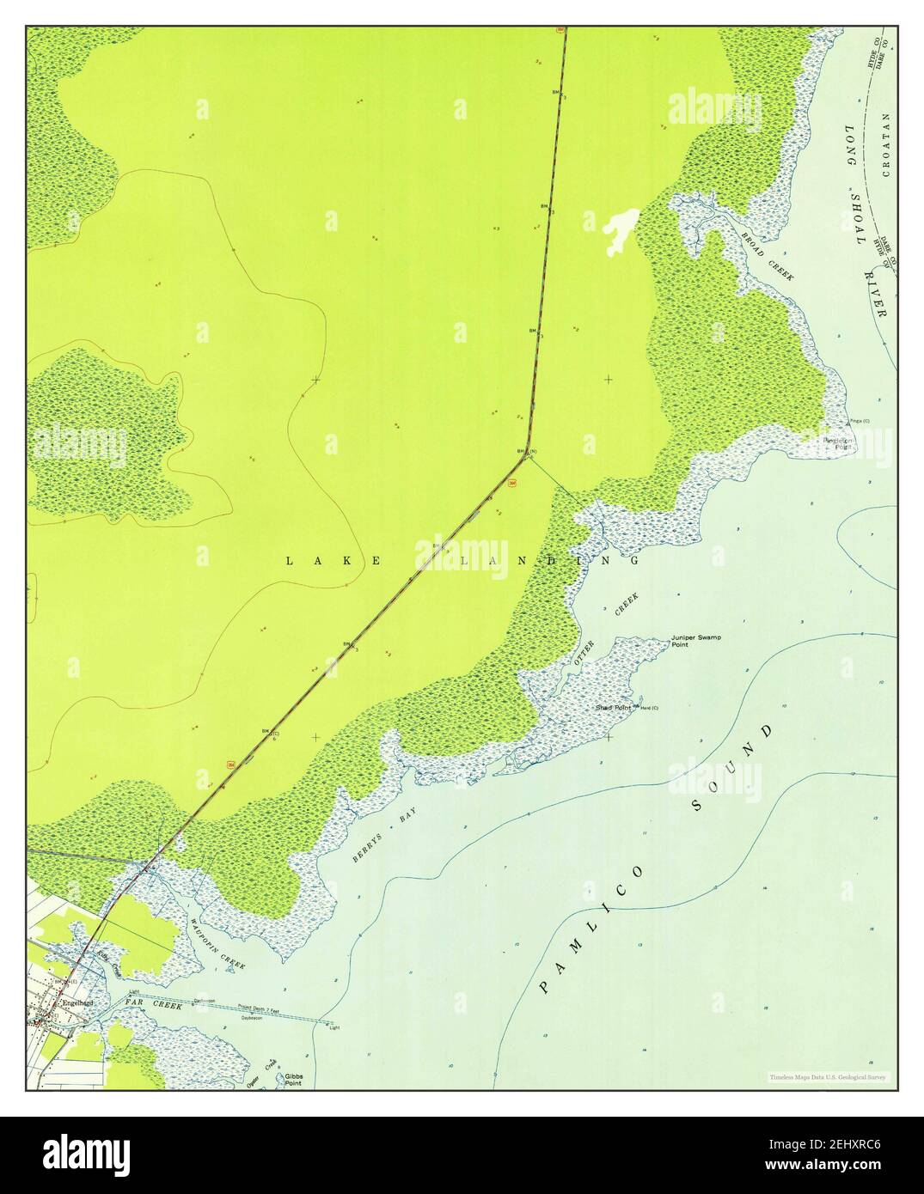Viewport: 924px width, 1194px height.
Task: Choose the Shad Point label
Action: point(613,708)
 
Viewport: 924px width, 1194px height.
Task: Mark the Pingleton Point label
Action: point(838,443)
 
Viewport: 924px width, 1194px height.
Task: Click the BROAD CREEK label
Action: point(768,256)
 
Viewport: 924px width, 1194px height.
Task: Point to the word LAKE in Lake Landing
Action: point(332,561)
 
